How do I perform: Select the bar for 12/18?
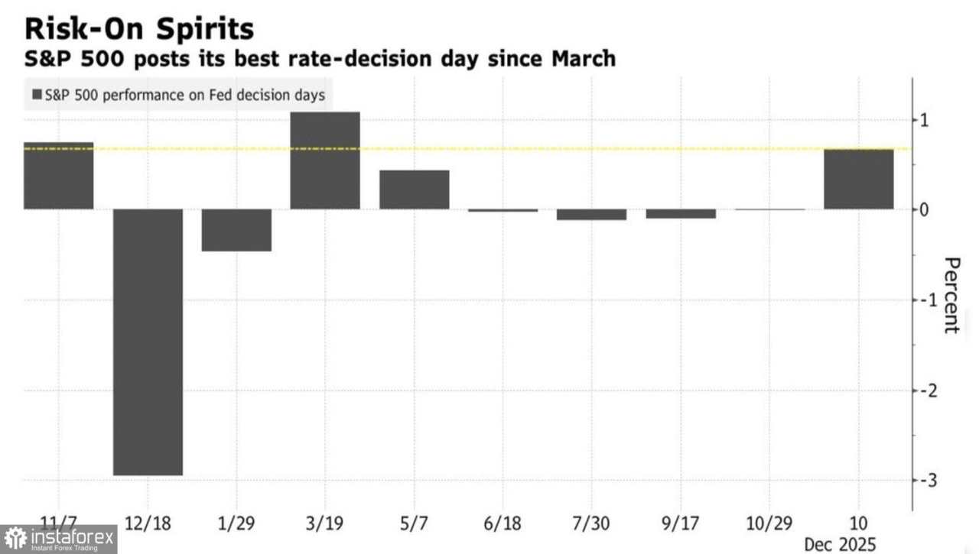click(x=148, y=342)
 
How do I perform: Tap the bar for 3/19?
click(x=325, y=160)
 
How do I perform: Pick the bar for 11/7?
click(x=58, y=176)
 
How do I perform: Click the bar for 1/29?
click(x=236, y=230)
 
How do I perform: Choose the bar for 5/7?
click(x=414, y=190)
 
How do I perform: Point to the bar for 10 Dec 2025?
click(x=858, y=179)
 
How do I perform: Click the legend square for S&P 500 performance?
click(x=37, y=96)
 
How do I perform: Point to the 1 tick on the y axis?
click(x=924, y=121)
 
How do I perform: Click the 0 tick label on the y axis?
click(x=924, y=210)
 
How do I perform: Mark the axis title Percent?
click(x=951, y=296)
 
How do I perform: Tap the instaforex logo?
click(x=59, y=539)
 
